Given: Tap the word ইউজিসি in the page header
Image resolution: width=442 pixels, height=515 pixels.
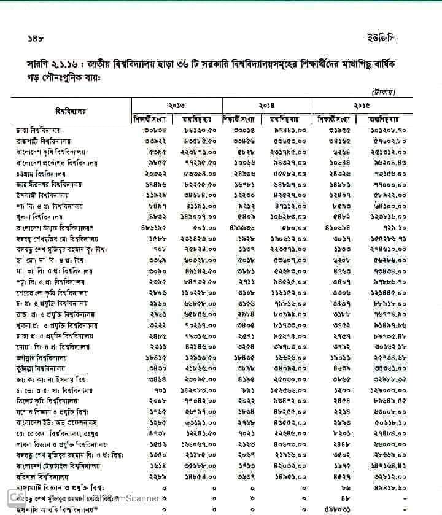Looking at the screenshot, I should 381,38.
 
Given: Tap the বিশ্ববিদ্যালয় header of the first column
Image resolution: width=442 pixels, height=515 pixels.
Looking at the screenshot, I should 71,112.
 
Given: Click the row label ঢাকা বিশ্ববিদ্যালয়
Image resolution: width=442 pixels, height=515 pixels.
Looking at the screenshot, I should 38,131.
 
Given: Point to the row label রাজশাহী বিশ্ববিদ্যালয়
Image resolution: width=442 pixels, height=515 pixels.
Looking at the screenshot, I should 41,141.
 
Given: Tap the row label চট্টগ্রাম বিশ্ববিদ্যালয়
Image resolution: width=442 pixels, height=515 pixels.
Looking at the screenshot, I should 41,174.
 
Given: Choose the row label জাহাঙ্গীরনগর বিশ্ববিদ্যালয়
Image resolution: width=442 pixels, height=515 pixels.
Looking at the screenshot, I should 48,184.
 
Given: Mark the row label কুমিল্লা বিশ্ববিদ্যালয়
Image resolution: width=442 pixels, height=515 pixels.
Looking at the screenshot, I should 41,368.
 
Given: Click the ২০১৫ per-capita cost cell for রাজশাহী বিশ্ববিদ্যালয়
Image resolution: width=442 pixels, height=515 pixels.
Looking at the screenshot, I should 390,141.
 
